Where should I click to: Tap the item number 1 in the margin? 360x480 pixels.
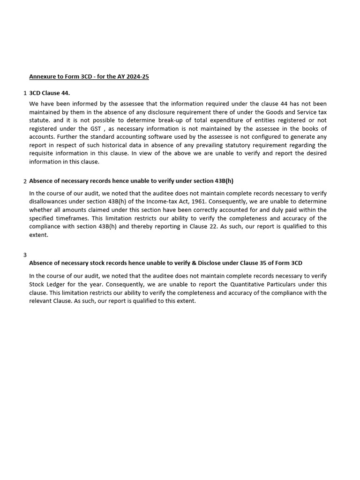(x=25, y=93)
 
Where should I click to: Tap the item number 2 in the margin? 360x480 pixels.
(x=25, y=181)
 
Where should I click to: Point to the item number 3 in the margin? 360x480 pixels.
(x=25, y=255)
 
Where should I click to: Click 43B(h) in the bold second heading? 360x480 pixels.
(x=223, y=181)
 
